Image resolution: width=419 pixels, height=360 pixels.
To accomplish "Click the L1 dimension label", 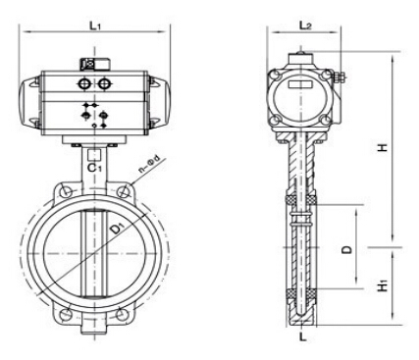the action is pyautogui.click(x=95, y=26).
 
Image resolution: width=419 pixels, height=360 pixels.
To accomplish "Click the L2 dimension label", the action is pyautogui.click(x=304, y=26).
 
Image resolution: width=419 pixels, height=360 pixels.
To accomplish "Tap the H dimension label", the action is pyautogui.click(x=383, y=147).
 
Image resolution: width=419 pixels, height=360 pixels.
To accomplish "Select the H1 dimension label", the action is pyautogui.click(x=383, y=286).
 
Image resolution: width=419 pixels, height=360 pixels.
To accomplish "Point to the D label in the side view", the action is pyautogui.click(x=347, y=249).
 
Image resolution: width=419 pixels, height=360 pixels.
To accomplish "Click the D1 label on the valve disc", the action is pyautogui.click(x=117, y=228).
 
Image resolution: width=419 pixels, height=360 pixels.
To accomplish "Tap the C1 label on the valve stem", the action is pyautogui.click(x=95, y=168).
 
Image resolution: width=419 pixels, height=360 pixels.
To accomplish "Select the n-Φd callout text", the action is pyautogui.click(x=149, y=165).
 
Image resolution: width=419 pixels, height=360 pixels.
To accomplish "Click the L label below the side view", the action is pyautogui.click(x=303, y=336).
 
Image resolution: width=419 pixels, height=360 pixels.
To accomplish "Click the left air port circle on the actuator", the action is pyautogui.click(x=84, y=84).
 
